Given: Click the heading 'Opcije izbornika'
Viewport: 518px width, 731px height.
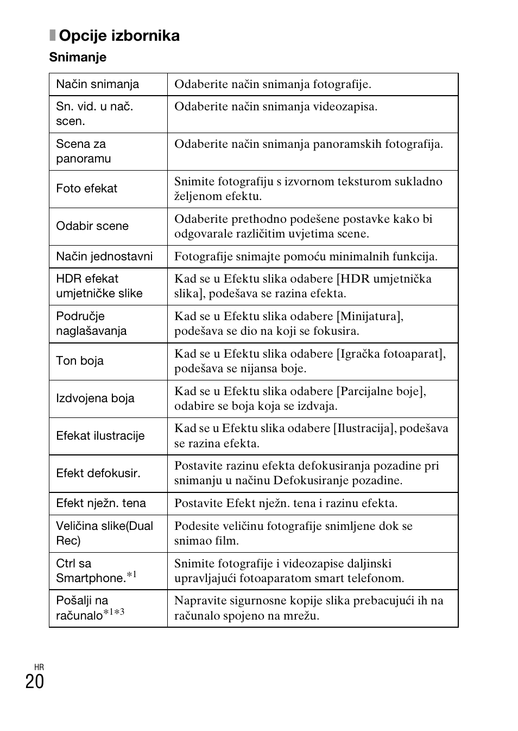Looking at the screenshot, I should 119,36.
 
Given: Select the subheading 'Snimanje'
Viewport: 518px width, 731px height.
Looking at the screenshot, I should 78,57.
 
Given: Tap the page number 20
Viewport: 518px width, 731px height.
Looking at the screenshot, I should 35,682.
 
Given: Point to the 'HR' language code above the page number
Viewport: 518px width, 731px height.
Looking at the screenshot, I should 39,667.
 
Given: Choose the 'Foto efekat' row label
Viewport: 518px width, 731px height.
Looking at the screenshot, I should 87,189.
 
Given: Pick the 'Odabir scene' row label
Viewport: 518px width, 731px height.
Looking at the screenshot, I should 92,226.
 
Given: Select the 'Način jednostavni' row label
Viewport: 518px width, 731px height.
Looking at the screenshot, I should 104,257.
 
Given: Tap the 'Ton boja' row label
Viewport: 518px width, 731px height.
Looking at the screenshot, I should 80,361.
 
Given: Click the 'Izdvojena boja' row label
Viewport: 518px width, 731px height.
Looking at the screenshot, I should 95,398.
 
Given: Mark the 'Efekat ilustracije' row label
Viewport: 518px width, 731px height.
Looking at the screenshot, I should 100,436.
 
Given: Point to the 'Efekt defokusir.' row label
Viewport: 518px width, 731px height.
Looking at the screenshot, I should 98,473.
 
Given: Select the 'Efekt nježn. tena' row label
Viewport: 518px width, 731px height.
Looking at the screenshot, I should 101,503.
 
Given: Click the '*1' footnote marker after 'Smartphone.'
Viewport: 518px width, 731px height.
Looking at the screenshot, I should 131,575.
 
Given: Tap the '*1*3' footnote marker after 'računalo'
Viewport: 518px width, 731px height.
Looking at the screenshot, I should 114,613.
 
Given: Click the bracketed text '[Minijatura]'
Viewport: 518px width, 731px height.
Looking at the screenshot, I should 370,316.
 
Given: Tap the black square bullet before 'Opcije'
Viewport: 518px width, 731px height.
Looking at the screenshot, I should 53,36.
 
